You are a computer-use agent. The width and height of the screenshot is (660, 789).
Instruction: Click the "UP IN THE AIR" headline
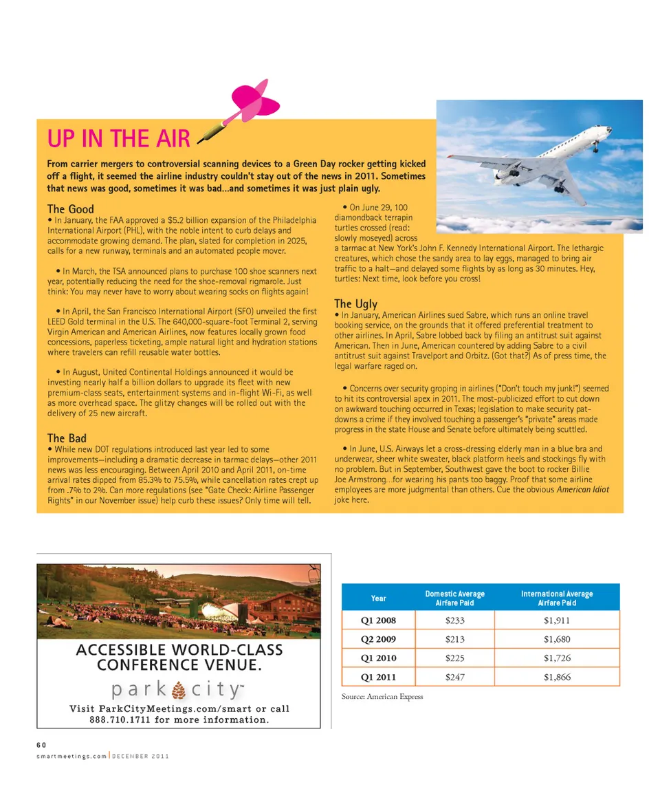[118, 139]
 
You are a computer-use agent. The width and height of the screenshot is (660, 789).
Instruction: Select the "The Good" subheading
[70, 208]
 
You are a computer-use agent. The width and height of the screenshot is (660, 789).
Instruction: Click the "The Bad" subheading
[67, 437]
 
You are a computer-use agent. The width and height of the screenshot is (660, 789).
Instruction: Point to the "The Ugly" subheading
[355, 303]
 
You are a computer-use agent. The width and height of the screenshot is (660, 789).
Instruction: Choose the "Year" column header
[378, 598]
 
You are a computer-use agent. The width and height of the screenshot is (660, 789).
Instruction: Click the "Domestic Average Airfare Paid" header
[454, 598]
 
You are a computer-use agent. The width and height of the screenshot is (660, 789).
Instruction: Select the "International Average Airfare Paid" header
[557, 598]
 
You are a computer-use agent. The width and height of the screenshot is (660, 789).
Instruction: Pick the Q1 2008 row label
[378, 620]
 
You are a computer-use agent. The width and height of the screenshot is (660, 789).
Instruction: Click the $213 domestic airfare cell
[454, 639]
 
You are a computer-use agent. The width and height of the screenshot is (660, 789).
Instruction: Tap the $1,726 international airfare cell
[557, 658]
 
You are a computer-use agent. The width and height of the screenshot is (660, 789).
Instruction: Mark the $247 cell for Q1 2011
[454, 677]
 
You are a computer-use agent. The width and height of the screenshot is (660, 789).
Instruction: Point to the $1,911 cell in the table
[557, 620]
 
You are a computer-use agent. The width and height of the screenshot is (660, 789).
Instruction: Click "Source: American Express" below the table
[382, 697]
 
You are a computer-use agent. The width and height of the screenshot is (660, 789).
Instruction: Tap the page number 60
[41, 745]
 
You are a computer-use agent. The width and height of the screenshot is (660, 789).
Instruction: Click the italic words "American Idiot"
[582, 490]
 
